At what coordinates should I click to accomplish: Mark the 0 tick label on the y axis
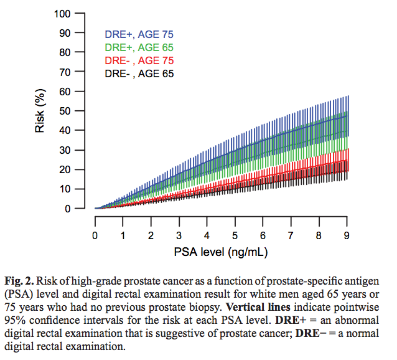(x=66, y=209)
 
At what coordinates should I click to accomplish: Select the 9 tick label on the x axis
(x=347, y=235)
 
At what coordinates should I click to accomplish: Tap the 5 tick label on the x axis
(x=235, y=235)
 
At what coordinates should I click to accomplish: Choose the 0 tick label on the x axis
(x=95, y=235)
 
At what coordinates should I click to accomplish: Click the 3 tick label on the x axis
(x=179, y=235)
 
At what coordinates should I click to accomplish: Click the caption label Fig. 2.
(x=23, y=276)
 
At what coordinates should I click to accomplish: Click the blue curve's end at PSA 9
(x=347, y=115)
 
